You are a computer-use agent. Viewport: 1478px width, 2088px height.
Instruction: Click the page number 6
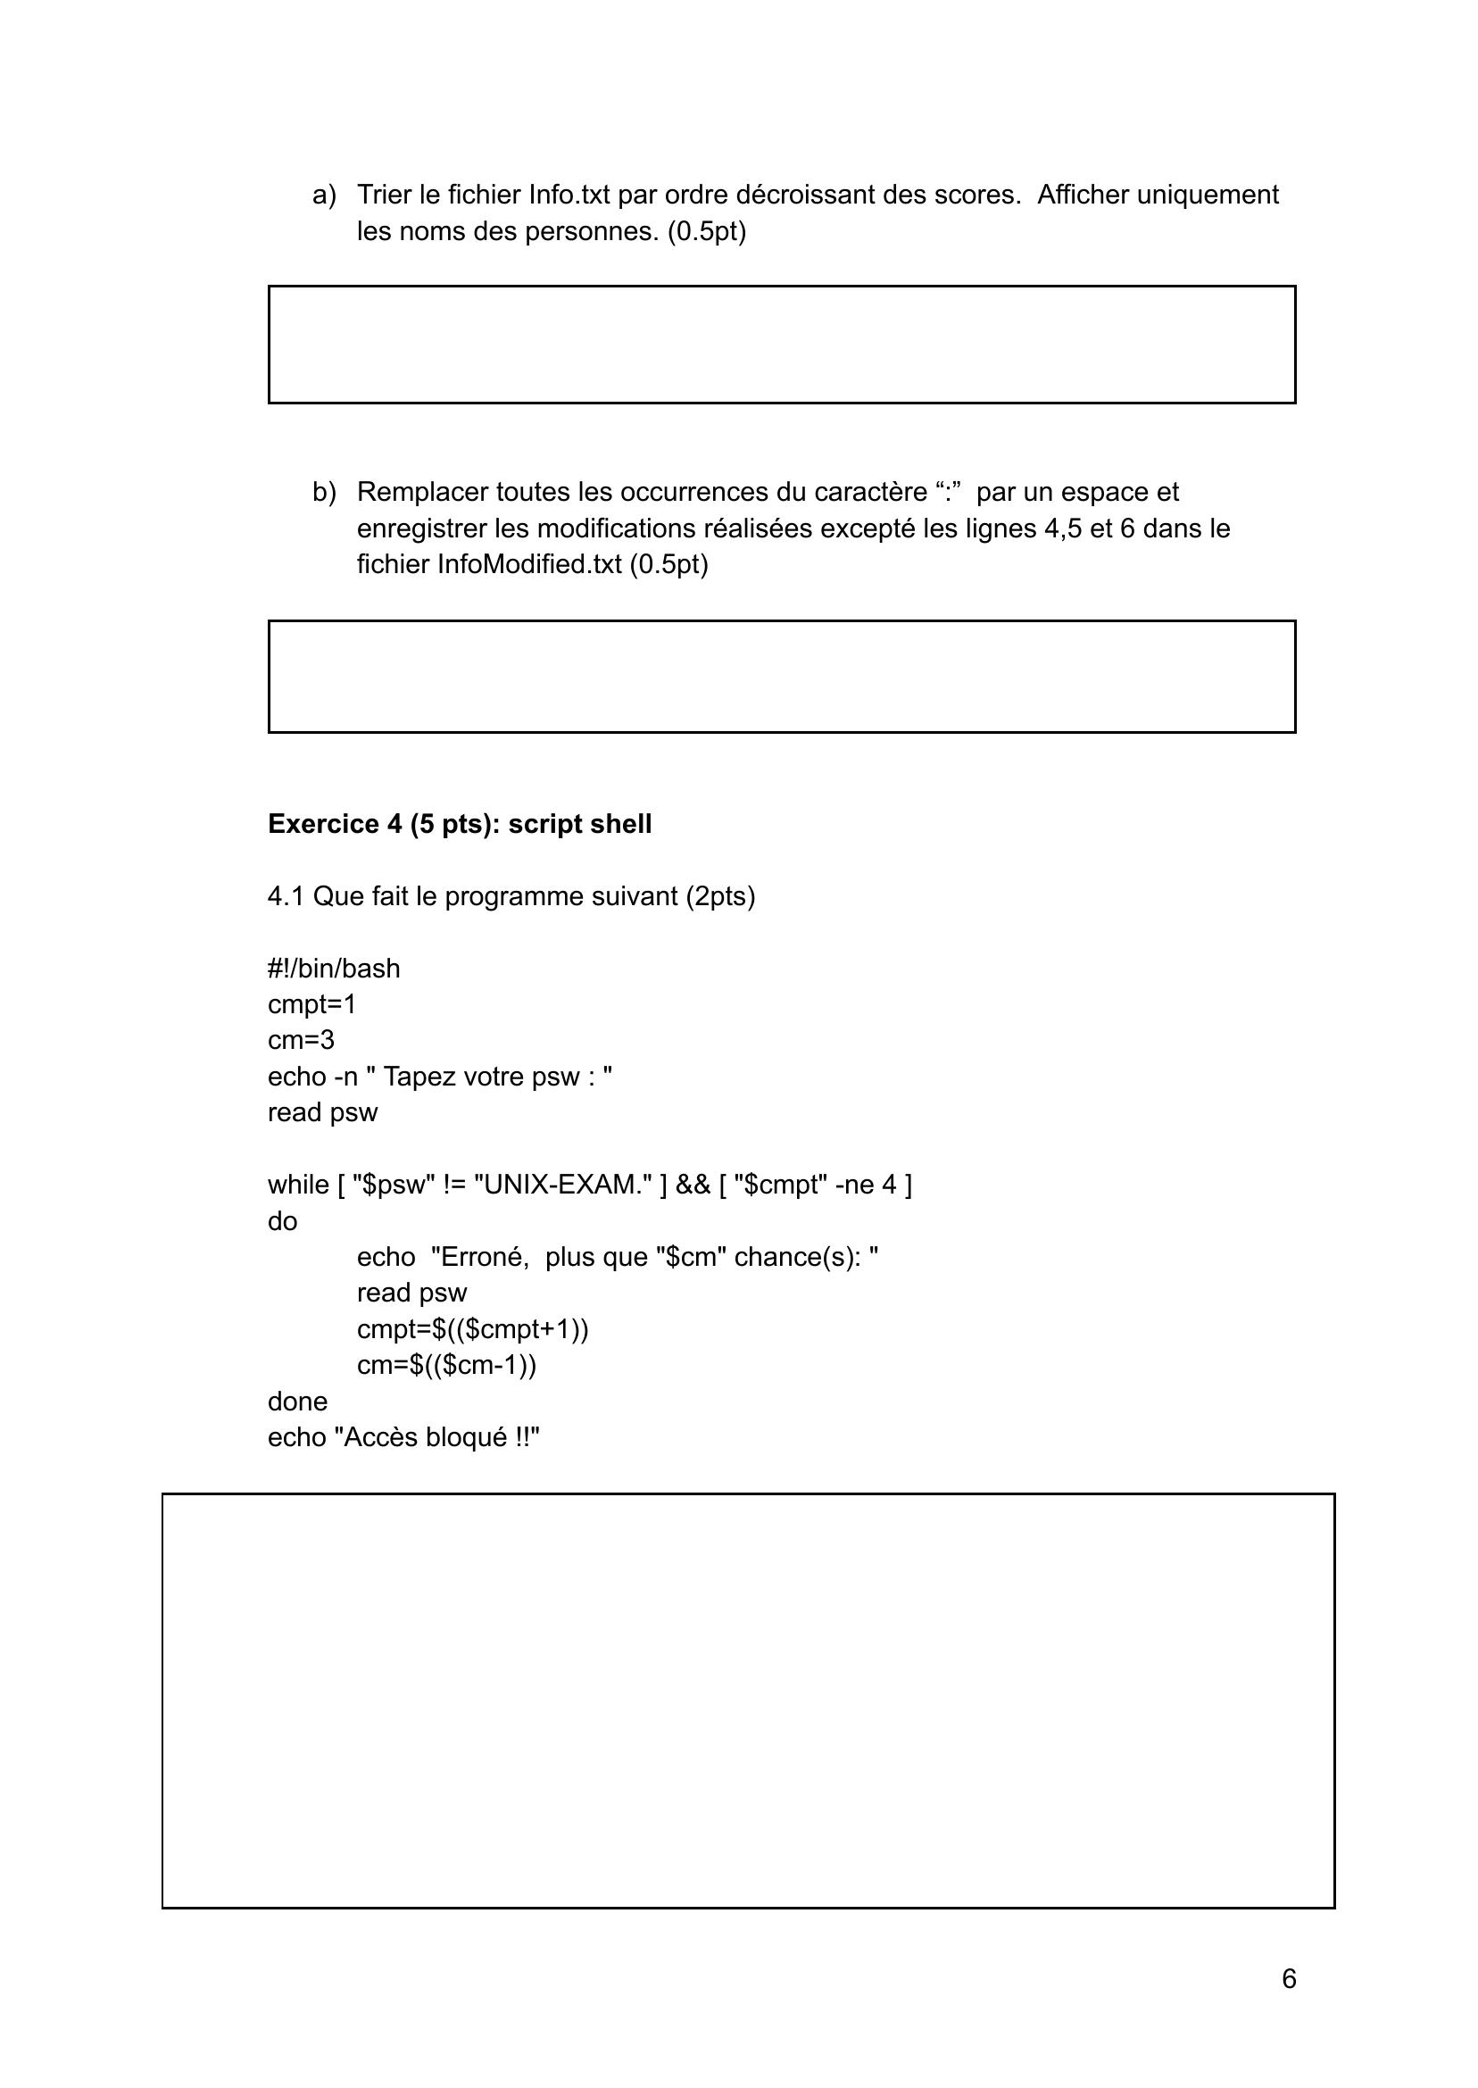pyautogui.click(x=1289, y=1979)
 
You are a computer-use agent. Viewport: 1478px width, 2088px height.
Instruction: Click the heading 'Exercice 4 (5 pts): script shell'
pyautogui.click(x=460, y=824)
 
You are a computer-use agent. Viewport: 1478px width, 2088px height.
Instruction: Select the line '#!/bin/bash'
pyautogui.click(x=334, y=969)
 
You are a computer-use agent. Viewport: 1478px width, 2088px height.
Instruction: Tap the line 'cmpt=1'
pyautogui.click(x=312, y=1004)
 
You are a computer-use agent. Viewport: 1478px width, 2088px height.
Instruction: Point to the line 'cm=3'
pyautogui.click(x=302, y=1040)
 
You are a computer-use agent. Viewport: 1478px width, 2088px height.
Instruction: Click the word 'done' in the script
pyautogui.click(x=297, y=1401)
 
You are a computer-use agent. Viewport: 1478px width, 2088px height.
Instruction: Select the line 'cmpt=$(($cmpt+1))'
pyautogui.click(x=472, y=1329)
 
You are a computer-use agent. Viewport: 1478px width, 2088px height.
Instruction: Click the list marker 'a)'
pyautogui.click(x=324, y=195)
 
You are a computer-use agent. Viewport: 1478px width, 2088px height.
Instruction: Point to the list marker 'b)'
pyautogui.click(x=324, y=493)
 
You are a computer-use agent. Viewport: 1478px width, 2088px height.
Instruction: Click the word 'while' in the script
pyautogui.click(x=297, y=1185)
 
